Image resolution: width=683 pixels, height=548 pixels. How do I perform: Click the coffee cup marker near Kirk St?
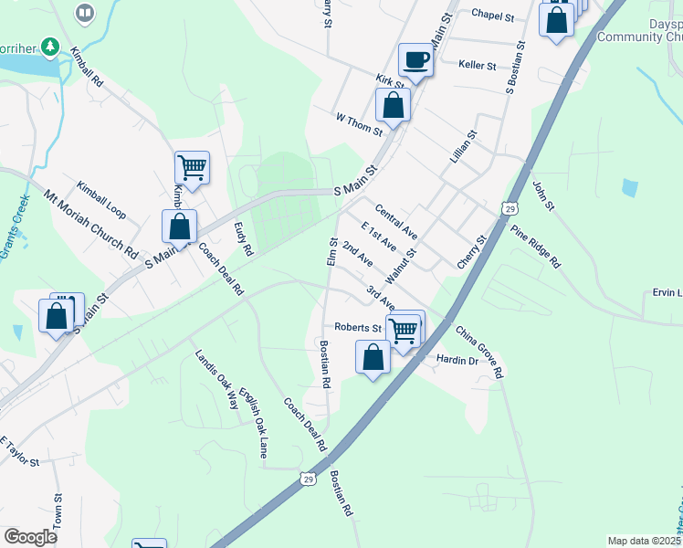(x=415, y=60)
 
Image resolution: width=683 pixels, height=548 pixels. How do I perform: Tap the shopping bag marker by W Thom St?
(x=393, y=104)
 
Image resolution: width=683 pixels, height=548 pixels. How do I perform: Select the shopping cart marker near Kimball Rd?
(x=192, y=168)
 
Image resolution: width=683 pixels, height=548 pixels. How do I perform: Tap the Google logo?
(x=30, y=537)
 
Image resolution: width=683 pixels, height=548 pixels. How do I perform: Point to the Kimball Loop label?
(x=101, y=198)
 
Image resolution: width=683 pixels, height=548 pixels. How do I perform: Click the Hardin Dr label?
(x=457, y=361)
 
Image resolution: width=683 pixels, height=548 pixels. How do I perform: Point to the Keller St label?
(x=478, y=66)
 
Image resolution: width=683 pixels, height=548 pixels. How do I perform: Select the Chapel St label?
(x=493, y=14)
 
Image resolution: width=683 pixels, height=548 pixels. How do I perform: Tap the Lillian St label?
(x=464, y=146)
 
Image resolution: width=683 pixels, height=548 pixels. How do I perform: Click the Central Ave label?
(x=395, y=222)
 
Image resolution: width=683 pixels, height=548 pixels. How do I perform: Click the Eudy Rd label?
(x=243, y=239)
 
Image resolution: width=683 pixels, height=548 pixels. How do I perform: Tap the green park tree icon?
(x=52, y=46)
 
